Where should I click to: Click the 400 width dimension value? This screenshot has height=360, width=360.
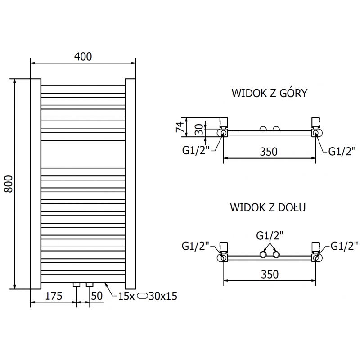[83, 57]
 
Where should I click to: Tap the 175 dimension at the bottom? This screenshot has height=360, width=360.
[54, 296]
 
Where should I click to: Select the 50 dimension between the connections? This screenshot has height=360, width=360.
[97, 296]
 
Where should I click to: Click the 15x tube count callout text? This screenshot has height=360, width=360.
[126, 296]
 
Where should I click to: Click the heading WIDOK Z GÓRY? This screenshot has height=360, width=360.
[269, 94]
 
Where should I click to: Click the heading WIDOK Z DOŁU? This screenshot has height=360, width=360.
[268, 208]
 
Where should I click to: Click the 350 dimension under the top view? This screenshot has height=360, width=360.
[269, 152]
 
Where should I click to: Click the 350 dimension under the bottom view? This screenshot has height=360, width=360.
[269, 274]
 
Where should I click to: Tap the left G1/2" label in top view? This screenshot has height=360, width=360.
[196, 150]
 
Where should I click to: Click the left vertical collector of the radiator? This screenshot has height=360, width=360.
[36, 184]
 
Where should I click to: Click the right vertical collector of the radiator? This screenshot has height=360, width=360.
[130, 184]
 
